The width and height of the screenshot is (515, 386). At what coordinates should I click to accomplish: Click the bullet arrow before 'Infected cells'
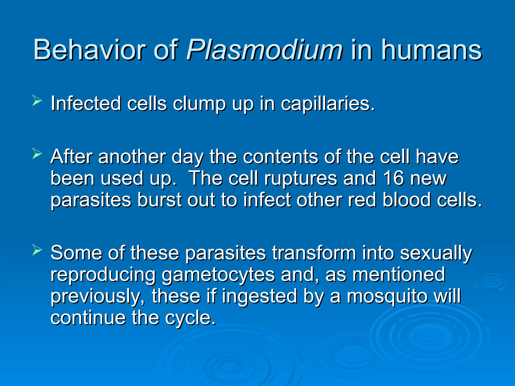(37, 101)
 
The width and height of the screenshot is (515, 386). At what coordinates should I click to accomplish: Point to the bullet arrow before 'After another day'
(37, 154)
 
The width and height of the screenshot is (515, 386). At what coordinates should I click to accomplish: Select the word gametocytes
(218, 275)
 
